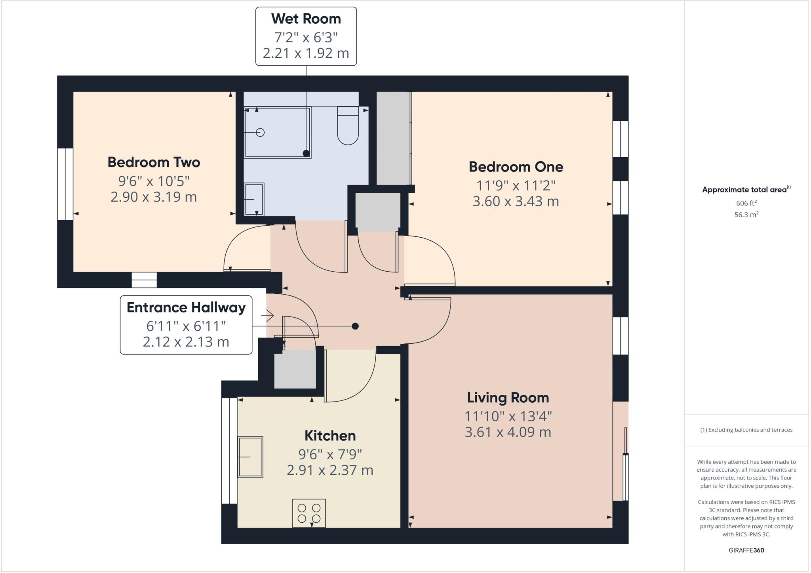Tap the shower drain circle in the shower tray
pos(260,133)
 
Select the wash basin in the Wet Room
pos(254,199)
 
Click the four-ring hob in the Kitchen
pos(309,513)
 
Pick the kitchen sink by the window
pos(250,457)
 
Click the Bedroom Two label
pos(154,162)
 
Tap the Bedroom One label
pos(516,167)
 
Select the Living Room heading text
pos(508,398)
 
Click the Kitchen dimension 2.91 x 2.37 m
pos(330,470)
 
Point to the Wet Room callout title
pos(306,19)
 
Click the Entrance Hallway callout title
pos(186,307)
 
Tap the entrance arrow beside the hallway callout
pos(268,316)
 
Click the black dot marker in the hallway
pos(355,326)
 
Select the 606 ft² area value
pos(746,203)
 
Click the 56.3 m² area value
pos(746,215)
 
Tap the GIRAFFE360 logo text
pos(746,550)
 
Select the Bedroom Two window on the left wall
pos(65,184)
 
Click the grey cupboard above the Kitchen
pos(295,369)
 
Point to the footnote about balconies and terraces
pos(746,430)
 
